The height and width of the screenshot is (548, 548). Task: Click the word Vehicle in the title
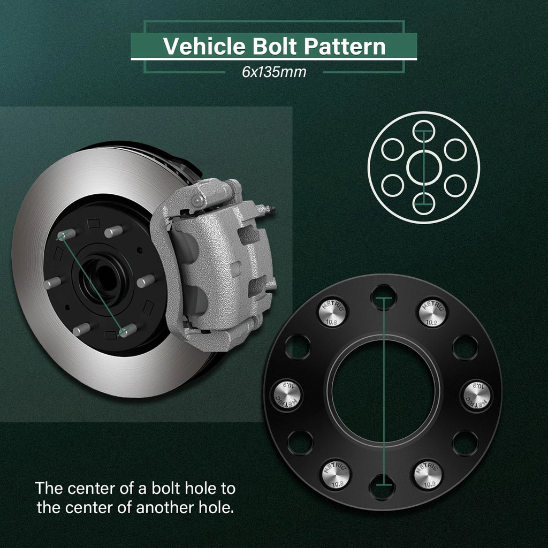(x=204, y=46)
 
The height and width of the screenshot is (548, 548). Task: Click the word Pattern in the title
(x=345, y=46)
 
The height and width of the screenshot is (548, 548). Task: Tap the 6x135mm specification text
(x=274, y=72)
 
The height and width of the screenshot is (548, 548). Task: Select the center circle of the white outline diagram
(x=424, y=168)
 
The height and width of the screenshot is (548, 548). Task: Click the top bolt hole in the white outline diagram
(x=424, y=132)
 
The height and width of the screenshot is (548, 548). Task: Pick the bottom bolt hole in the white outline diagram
(x=424, y=204)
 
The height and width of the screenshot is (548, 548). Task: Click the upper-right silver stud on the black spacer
(x=432, y=313)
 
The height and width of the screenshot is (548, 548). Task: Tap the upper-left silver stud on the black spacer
(x=332, y=313)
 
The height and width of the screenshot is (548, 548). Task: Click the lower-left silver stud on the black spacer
(x=335, y=474)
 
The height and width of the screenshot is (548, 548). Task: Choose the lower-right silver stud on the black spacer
(x=428, y=474)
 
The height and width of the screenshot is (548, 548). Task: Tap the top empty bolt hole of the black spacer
(x=383, y=298)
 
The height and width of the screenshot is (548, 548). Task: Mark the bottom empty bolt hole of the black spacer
(x=382, y=487)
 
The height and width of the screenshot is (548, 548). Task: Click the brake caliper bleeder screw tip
(x=273, y=209)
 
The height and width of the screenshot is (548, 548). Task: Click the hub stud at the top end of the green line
(x=66, y=234)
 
